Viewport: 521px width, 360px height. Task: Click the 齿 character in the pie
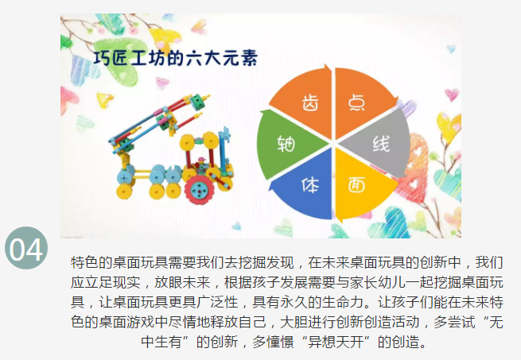click(x=310, y=103)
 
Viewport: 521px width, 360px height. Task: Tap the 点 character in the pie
click(x=356, y=103)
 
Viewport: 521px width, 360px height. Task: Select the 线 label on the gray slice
click(x=381, y=144)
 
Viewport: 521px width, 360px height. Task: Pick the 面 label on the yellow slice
click(x=356, y=184)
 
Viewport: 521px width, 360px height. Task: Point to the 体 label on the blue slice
click(x=310, y=185)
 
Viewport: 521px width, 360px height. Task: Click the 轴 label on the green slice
click(x=286, y=144)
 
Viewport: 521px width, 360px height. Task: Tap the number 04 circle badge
click(x=26, y=248)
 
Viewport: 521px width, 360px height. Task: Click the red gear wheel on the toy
click(x=199, y=190)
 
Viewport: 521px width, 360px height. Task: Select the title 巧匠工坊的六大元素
click(x=176, y=58)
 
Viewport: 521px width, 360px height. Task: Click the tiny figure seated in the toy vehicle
click(x=202, y=162)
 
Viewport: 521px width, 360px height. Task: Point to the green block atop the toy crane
click(x=197, y=100)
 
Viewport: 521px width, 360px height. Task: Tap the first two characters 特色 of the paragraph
click(x=84, y=262)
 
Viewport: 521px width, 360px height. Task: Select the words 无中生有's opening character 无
click(x=496, y=322)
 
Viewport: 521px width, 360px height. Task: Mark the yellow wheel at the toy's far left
click(x=124, y=191)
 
